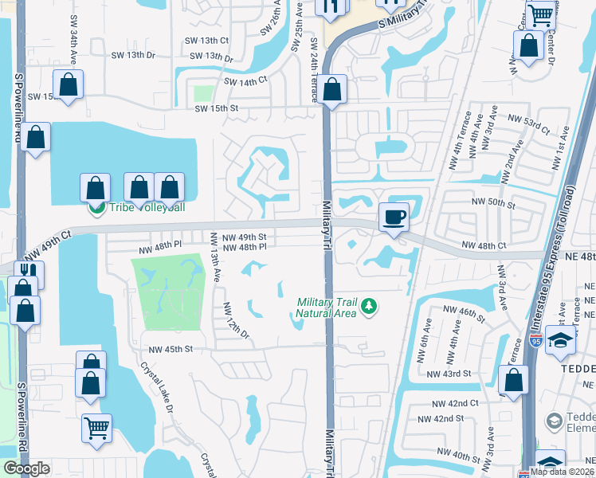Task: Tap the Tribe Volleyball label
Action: [x=147, y=209]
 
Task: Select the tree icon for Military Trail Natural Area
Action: [x=368, y=306]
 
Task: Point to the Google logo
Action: [x=26, y=468]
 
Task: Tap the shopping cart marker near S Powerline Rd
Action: [x=96, y=429]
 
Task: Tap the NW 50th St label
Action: [x=492, y=205]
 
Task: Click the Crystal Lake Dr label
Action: [x=157, y=386]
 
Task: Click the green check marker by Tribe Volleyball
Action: [x=96, y=209]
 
